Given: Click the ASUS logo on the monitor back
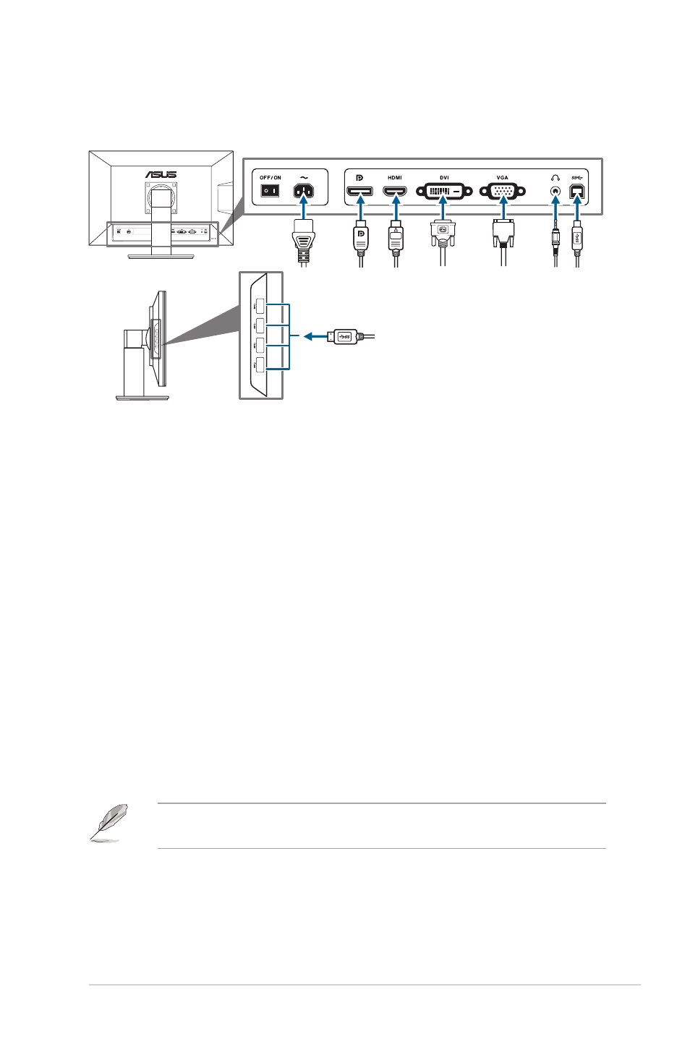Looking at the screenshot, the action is pos(161,174).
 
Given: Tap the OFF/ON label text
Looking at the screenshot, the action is pos(270,178).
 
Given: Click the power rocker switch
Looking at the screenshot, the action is pos(270,191).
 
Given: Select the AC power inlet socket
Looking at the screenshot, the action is pos(304,191).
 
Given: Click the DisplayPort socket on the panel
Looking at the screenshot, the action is pos(359,191).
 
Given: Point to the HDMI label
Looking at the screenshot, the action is pos(395,178).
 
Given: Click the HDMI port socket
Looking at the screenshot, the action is pos(395,191).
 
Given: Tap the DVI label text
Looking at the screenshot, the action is pos(444,178).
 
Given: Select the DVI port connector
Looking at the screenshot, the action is pos(444,191).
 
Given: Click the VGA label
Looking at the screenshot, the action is pos(502,178).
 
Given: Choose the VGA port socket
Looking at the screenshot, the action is pos(502,191).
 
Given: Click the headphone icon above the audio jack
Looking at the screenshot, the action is pos(555,178).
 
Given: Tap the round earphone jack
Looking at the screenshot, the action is pos(555,191).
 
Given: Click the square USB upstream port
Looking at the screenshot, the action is pos(576,191).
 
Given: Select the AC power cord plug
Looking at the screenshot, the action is pos(304,241).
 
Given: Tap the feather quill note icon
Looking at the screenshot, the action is pos(108,822).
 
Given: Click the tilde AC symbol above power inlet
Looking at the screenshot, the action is pos(304,177).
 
